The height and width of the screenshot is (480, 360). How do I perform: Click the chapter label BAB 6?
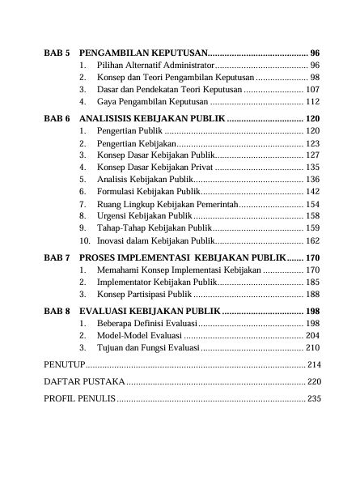tap(57, 118)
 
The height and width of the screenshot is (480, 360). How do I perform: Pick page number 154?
tap(312, 205)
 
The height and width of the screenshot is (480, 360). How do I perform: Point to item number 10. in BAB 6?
tap(84, 241)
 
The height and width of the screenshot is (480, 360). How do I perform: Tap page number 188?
tap(312, 294)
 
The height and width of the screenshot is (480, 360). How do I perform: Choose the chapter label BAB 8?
tap(57, 311)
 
